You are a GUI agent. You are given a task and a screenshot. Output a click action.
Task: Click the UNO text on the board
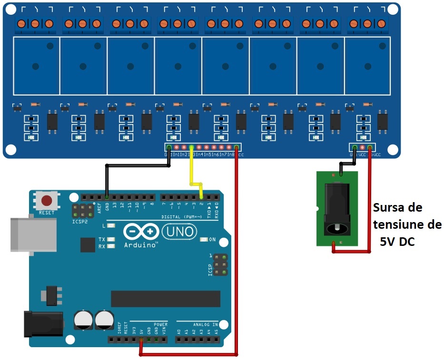(x=178, y=232)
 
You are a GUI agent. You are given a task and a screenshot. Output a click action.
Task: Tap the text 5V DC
(x=397, y=242)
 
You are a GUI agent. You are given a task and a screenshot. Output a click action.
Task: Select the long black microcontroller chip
(x=165, y=299)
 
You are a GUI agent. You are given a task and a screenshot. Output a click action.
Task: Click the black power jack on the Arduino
(x=43, y=324)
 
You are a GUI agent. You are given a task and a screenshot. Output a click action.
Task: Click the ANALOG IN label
(x=205, y=325)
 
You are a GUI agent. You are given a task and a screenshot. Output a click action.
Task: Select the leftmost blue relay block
(x=36, y=65)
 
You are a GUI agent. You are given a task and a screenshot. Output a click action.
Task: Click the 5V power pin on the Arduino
(x=141, y=340)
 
